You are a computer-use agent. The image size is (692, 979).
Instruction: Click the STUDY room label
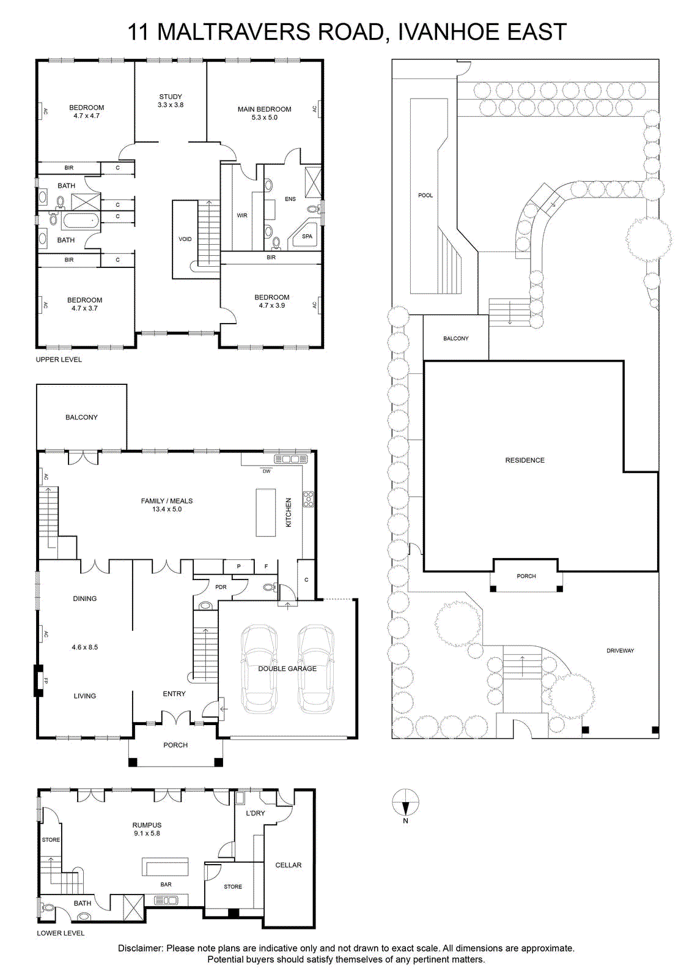point(171,97)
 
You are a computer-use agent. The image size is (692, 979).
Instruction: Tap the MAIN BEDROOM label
point(264,110)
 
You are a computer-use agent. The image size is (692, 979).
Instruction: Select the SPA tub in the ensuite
point(306,236)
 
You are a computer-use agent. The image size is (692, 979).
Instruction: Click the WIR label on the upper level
point(242,215)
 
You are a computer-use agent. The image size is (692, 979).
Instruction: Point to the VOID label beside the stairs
point(185,239)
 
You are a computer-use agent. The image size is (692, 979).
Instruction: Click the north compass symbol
point(405,802)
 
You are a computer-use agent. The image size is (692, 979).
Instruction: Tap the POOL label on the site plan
point(425,195)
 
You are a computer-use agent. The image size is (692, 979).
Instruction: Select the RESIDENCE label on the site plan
point(525,460)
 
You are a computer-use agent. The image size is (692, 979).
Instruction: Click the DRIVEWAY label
point(620,651)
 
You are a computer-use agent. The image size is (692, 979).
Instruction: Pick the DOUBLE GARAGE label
point(287,669)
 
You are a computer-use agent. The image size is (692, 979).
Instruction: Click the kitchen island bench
point(265,512)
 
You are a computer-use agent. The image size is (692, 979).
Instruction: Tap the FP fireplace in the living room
point(39,680)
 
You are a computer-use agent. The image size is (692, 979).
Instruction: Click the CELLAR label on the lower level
point(288,865)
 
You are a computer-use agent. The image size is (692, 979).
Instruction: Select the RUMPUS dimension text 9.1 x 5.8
point(147,833)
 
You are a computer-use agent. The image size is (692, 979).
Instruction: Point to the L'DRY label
point(255,813)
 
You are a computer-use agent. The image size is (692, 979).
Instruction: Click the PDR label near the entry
point(221,587)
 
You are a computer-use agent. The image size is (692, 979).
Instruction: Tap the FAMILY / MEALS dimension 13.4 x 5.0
point(167,509)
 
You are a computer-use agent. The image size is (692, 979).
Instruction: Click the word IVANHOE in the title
point(442,32)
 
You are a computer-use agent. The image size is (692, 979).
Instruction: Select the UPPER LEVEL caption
point(59,360)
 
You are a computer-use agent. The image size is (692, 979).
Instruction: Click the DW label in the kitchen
point(267,471)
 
